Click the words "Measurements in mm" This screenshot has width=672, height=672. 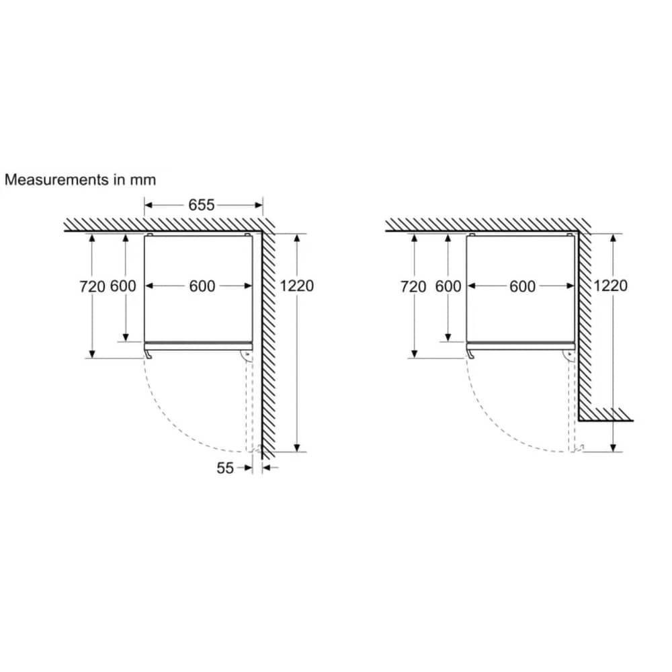pyautogui.click(x=80, y=179)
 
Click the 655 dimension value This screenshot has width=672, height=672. pyautogui.click(x=202, y=205)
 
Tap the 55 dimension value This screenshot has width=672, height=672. pyautogui.click(x=225, y=468)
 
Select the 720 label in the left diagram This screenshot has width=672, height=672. pyautogui.click(x=92, y=286)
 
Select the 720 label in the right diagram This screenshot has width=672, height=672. pyautogui.click(x=413, y=286)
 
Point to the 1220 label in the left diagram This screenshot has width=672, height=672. pyautogui.click(x=296, y=286)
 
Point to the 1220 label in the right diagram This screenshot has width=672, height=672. pyautogui.click(x=610, y=286)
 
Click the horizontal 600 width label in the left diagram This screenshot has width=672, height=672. pyautogui.click(x=202, y=286)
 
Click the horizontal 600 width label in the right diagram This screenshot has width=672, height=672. pyautogui.click(x=522, y=286)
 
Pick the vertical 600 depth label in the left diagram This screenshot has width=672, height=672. pyautogui.click(x=123, y=286)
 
